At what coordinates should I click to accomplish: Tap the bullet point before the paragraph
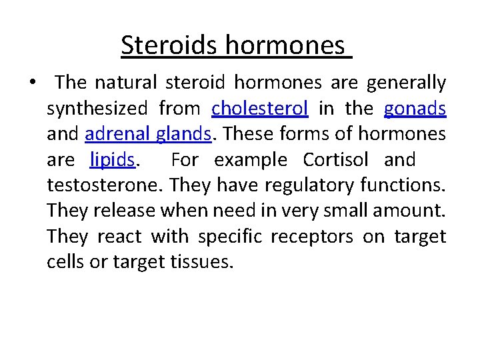(x=32, y=83)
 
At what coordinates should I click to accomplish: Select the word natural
(x=125, y=83)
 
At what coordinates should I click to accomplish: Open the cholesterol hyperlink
(x=260, y=109)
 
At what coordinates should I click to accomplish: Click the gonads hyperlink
(x=415, y=109)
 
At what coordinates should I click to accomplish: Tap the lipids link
(x=112, y=160)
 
